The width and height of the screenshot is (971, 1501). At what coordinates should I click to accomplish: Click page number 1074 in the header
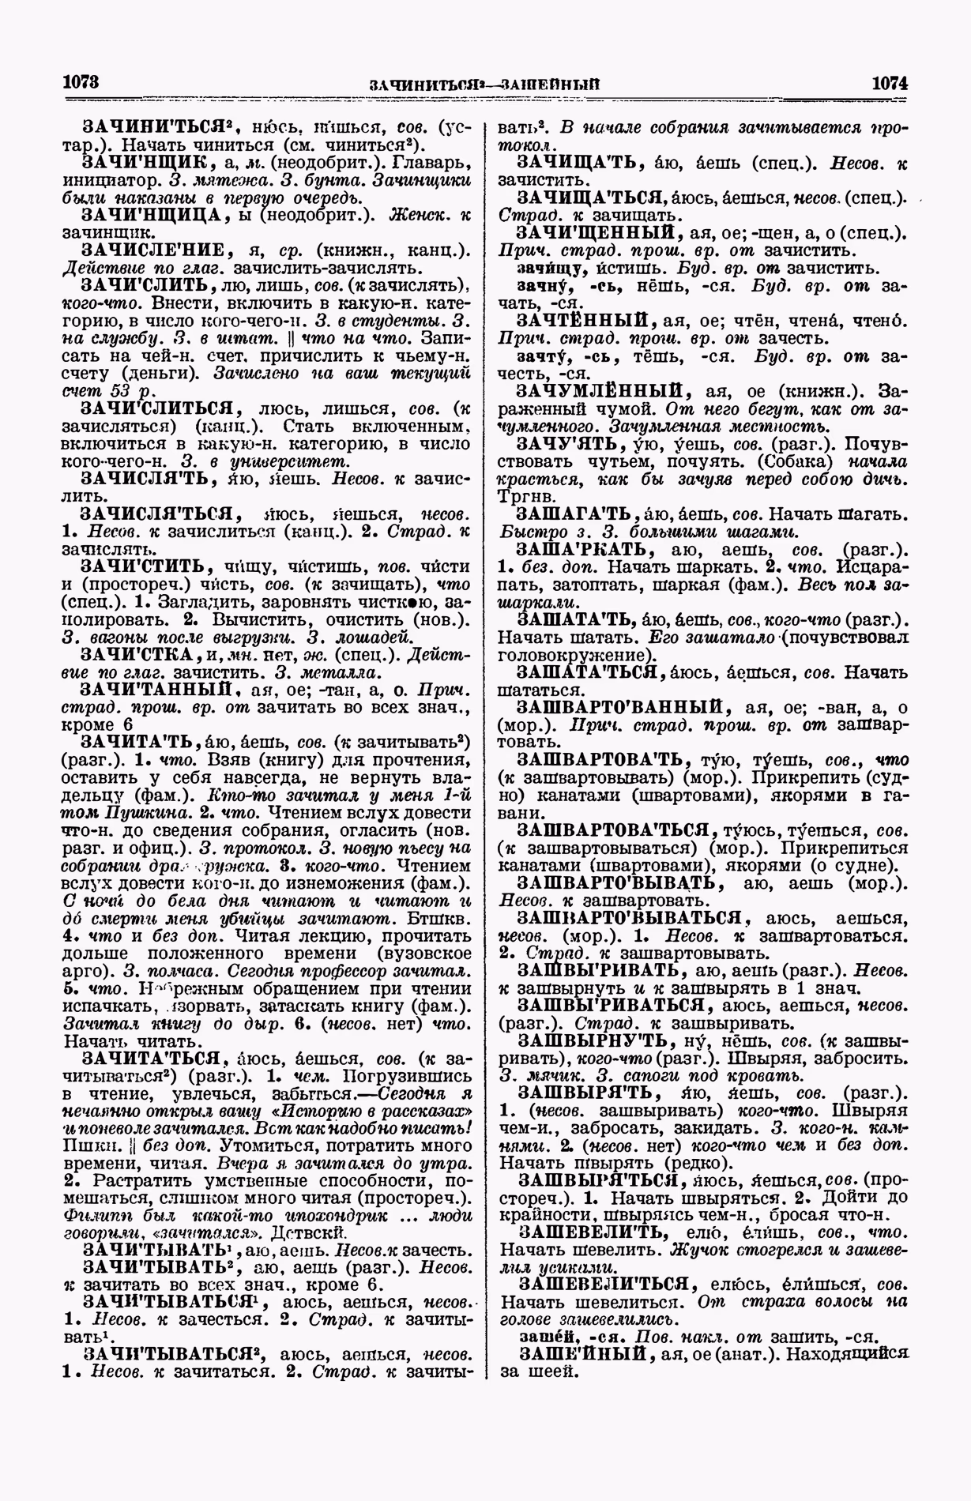point(890,82)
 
